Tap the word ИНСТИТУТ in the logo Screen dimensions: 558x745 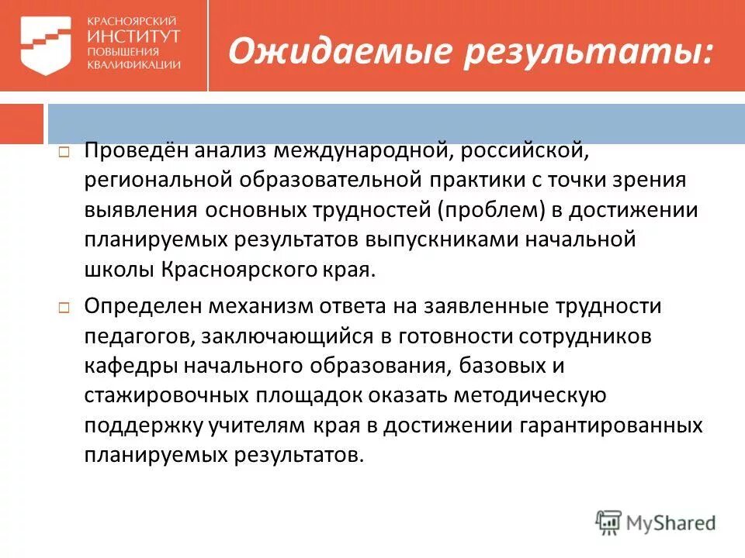pos(133,36)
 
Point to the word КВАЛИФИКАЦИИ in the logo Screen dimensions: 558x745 pos(133,65)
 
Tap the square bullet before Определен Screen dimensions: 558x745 pos(65,308)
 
